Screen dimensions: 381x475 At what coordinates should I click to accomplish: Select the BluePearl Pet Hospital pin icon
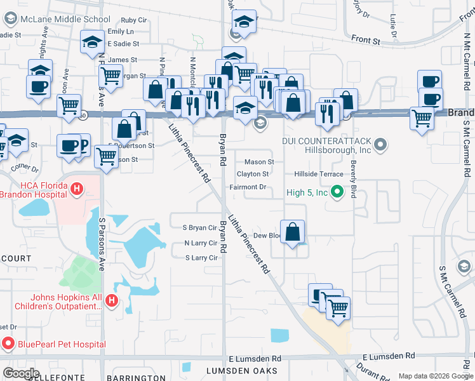[9, 344]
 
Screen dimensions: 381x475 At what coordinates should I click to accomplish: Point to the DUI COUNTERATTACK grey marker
[380, 145]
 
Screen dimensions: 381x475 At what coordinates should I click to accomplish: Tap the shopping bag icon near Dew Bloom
[292, 232]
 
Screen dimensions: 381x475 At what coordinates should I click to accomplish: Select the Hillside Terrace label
[318, 174]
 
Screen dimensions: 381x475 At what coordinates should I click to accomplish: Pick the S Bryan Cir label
[200, 227]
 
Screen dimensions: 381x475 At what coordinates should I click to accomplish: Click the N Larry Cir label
[201, 243]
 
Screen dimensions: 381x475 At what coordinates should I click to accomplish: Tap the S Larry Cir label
[201, 258]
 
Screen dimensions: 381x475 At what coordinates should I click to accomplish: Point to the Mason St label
[259, 162]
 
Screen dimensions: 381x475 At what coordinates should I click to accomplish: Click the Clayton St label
[253, 174]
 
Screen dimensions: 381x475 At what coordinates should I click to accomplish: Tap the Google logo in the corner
[21, 373]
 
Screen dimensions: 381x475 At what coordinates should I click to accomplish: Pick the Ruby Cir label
[133, 20]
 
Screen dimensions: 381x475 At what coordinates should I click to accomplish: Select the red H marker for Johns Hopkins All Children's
[112, 300]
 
